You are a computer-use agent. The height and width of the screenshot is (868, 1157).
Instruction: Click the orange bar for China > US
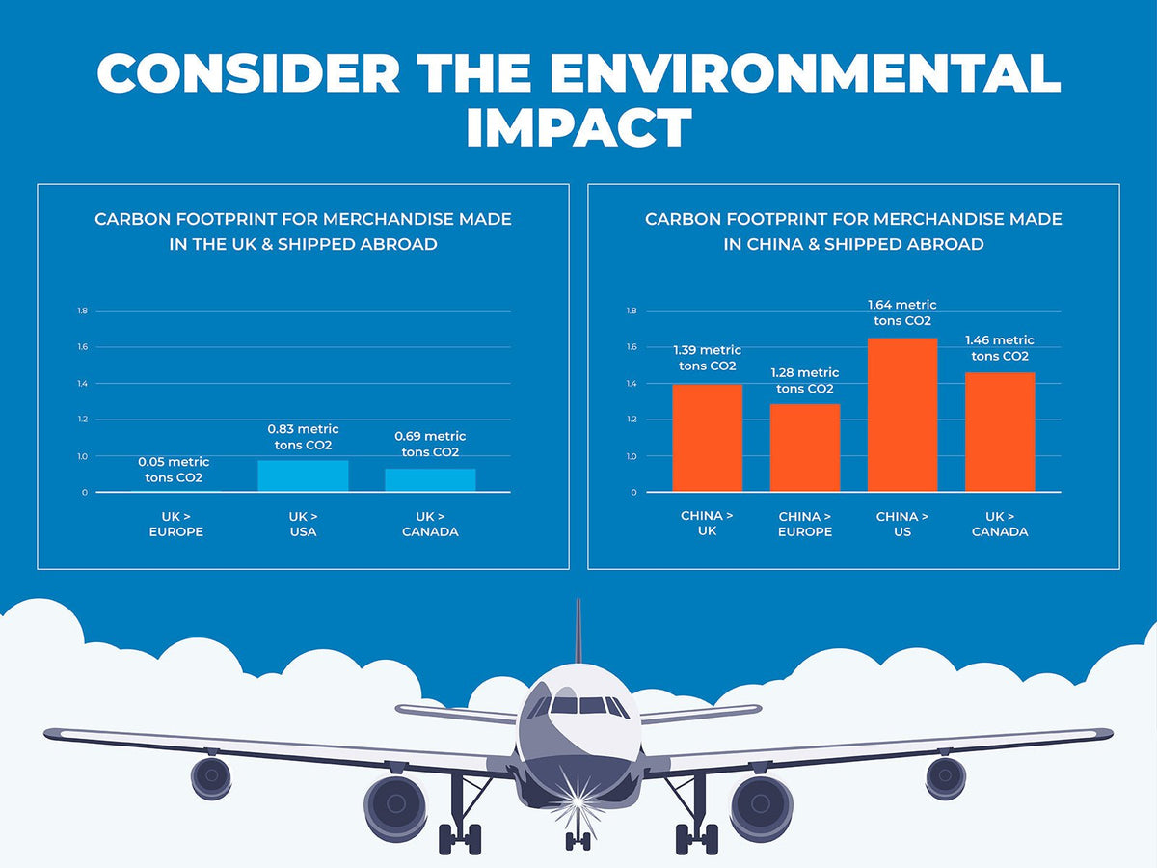[902, 415]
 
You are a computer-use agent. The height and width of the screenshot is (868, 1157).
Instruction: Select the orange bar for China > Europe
[805, 448]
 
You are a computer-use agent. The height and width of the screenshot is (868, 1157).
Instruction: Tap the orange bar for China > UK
[707, 438]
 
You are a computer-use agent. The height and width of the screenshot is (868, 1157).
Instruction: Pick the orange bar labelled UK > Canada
[1000, 432]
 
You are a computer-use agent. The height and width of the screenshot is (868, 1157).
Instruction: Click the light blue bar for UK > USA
[303, 475]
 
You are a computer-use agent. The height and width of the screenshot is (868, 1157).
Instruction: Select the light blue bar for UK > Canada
[430, 479]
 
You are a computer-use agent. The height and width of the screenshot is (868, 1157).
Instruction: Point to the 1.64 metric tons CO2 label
[902, 312]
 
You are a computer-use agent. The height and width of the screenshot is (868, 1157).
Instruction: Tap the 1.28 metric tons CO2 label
[805, 380]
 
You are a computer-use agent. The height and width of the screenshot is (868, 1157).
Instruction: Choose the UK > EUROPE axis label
[176, 524]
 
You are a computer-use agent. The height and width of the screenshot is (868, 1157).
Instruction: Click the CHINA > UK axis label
[707, 524]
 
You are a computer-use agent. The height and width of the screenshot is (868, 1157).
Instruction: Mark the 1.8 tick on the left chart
[83, 311]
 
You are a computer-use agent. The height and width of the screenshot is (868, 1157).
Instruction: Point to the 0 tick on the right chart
[633, 492]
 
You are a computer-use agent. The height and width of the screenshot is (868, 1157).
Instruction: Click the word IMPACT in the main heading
[578, 127]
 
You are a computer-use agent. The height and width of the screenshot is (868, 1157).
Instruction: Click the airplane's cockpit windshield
[578, 706]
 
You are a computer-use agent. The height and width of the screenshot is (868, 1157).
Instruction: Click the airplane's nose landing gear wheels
[578, 840]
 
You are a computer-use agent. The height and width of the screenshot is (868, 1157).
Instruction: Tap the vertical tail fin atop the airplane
[578, 632]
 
